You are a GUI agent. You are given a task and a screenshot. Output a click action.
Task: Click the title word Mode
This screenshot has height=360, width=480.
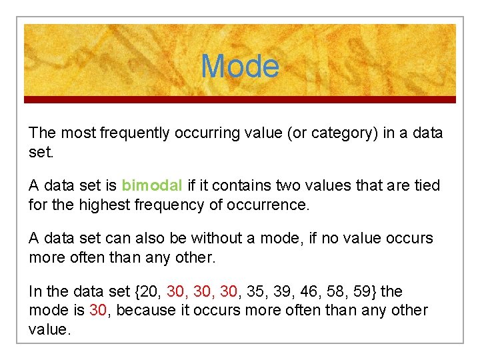point(240,67)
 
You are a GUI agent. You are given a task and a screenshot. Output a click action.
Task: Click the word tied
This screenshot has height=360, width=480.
point(427,185)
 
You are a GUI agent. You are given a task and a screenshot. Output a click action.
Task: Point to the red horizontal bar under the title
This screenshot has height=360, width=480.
point(240,100)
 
